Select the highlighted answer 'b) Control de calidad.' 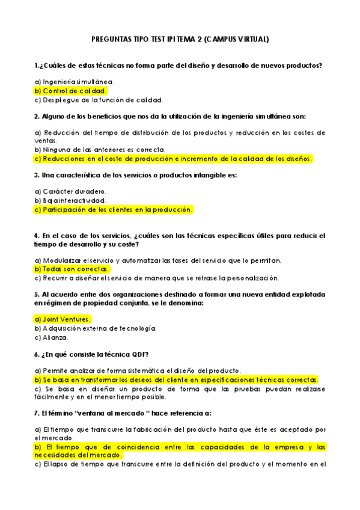tap(71, 91)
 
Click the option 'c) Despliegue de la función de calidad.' tap(99, 100)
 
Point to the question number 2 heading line tap(170, 116)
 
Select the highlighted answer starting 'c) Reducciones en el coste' tap(174, 159)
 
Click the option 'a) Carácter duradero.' tap(70, 191)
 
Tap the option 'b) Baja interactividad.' tap(70, 200)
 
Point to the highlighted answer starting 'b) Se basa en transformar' tap(176, 380)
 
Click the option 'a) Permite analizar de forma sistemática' tap(138, 370)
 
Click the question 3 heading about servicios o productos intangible tap(136, 175)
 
